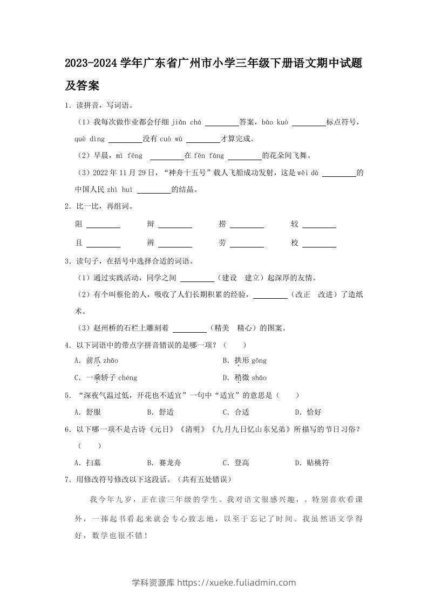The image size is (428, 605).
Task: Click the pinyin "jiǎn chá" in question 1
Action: pyautogui.click(x=186, y=122)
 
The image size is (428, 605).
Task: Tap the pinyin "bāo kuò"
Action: pyautogui.click(x=275, y=122)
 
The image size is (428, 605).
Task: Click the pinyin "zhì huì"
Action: pyautogui.click(x=119, y=189)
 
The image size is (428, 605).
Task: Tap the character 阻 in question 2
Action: pyautogui.click(x=79, y=224)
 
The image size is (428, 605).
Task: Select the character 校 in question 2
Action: pyautogui.click(x=295, y=243)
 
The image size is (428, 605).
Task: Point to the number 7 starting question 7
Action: pyautogui.click(x=66, y=479)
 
